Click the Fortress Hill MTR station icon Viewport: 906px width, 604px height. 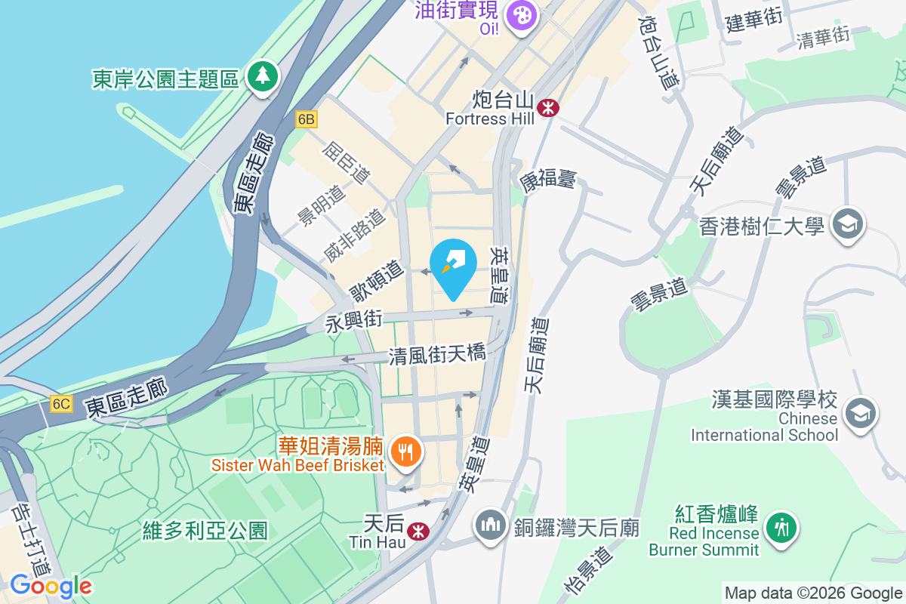[x=548, y=109]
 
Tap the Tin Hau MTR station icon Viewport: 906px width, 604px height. [x=414, y=532]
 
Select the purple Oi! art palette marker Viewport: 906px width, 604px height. [x=521, y=14]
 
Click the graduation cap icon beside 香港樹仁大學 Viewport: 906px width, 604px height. [x=848, y=224]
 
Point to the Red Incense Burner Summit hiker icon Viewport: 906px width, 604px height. [x=780, y=526]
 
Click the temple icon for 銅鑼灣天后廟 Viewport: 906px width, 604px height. [x=491, y=526]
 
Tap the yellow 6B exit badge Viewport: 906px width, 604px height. [x=306, y=119]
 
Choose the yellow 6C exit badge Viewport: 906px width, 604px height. [x=61, y=404]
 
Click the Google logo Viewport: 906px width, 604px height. [x=51, y=586]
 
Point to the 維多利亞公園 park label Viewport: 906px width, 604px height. [x=205, y=531]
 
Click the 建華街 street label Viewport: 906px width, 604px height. [x=753, y=21]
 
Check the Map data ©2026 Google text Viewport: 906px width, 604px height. [x=813, y=593]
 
